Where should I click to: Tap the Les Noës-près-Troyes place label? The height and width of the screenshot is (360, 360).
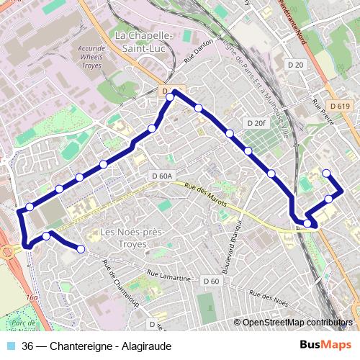(x=132, y=238)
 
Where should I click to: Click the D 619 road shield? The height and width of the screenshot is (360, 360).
(x=341, y=107)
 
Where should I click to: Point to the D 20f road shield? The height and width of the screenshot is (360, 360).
(x=256, y=123)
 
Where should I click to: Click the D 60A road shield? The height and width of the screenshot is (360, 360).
(x=163, y=176)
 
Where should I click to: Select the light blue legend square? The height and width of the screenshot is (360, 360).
(x=9, y=346)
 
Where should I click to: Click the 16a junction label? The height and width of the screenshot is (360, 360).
(x=31, y=296)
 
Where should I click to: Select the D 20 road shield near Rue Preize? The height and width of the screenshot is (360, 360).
(x=295, y=65)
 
